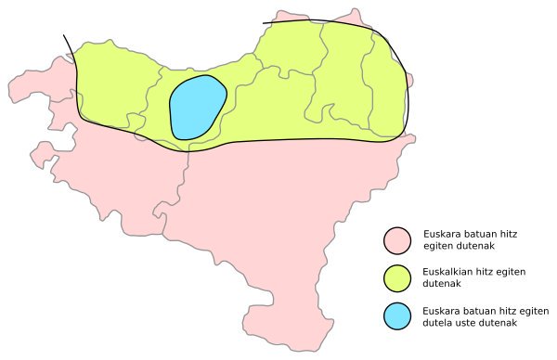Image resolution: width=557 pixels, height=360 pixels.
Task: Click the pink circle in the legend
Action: [397, 239]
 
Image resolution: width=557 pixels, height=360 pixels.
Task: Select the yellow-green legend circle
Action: [397, 277]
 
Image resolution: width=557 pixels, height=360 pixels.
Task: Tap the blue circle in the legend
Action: [397, 316]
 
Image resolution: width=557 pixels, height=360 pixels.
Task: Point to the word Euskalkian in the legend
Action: [446, 271]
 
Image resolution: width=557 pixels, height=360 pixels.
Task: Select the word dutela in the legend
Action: [437, 323]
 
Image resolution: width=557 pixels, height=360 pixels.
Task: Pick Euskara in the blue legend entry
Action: [440, 310]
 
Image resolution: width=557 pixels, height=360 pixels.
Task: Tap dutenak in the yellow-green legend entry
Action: [442, 284]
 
